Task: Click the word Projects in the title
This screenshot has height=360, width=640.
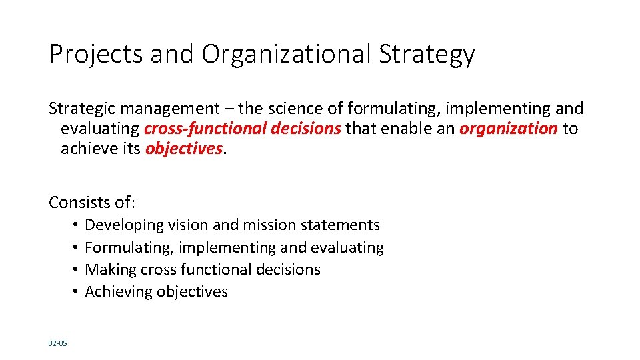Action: [96, 55]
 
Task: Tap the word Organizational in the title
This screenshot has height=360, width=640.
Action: [286, 55]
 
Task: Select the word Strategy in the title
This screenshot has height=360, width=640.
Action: [427, 55]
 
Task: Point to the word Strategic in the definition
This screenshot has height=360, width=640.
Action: [80, 108]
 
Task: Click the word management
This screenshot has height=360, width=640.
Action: [169, 109]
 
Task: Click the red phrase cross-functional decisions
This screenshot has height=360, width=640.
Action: [243, 128]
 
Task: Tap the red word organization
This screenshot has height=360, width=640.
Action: [508, 128]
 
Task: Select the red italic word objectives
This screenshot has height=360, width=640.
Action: [183, 148]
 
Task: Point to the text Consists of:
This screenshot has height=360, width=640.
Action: [92, 201]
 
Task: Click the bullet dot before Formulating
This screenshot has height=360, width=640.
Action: [77, 248]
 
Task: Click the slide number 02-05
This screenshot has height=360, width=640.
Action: [57, 343]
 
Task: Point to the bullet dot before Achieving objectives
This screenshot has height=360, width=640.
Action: [77, 292]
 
